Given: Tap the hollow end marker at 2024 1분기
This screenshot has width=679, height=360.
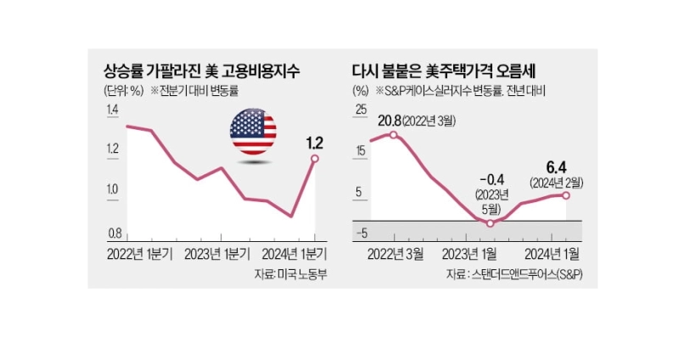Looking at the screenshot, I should click(x=315, y=159).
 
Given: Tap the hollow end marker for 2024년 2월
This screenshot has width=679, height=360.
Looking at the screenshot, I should click(x=566, y=194).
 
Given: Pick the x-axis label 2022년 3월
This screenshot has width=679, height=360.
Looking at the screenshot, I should click(x=394, y=252).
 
